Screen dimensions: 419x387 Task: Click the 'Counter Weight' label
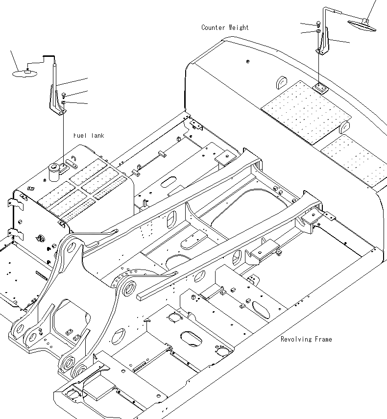click(x=225, y=27)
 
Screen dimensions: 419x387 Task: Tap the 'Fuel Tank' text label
click(x=89, y=136)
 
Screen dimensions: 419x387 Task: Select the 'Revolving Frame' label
click(x=306, y=339)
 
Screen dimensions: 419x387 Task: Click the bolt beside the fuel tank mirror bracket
click(x=65, y=95)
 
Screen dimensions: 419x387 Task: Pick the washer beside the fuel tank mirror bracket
click(x=65, y=102)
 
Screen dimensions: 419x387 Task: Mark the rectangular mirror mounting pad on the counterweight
click(x=320, y=88)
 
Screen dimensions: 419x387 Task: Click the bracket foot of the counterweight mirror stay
click(x=320, y=50)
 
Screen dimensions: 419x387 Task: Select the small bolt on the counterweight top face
click(x=248, y=61)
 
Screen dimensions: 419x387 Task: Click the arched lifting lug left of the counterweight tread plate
click(x=283, y=81)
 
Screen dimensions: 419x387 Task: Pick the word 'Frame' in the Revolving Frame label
click(x=321, y=339)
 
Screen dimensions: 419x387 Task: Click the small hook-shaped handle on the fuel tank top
click(x=73, y=159)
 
